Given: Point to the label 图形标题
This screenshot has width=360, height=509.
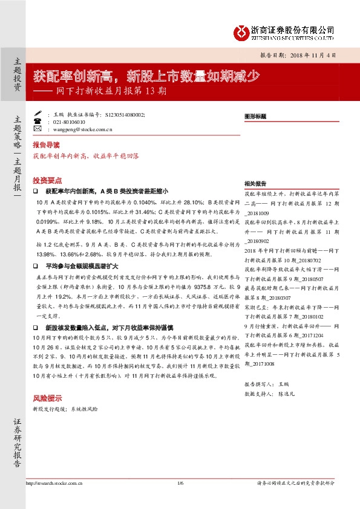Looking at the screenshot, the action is pos(255,114).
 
